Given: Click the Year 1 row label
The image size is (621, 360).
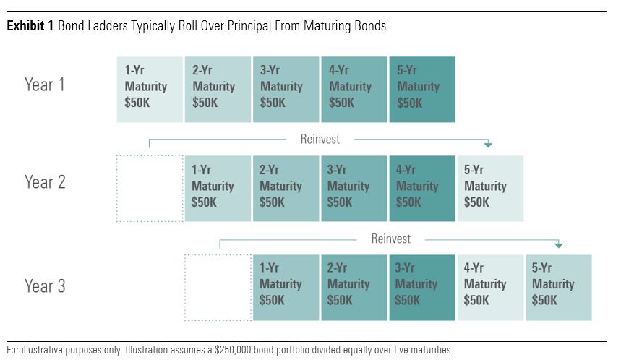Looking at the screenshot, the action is [44, 85].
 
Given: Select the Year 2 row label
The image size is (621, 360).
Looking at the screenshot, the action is [45, 182].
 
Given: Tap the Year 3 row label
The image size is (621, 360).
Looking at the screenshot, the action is [45, 286].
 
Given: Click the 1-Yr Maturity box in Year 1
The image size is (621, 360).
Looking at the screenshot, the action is [150, 90].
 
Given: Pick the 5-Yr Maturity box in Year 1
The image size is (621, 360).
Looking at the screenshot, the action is [422, 90].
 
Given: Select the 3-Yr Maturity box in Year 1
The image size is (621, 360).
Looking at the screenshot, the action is [286, 90].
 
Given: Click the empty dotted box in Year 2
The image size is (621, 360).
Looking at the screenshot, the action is [150, 189].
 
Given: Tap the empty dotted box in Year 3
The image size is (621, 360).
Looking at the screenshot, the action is [218, 288].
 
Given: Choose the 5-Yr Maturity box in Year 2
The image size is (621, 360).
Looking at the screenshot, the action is [490, 189].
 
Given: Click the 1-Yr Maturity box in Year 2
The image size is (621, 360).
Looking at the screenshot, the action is [218, 189].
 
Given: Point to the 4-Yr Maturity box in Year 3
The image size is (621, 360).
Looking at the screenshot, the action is [490, 288].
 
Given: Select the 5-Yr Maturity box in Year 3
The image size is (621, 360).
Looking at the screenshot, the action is [559, 288].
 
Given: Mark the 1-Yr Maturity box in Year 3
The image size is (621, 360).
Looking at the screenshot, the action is [286, 288].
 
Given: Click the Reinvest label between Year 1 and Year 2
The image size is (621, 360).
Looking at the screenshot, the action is [320, 139].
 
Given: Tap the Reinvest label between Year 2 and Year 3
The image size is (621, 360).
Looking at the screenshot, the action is [391, 239].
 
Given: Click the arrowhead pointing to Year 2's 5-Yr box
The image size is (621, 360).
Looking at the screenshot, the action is [488, 145].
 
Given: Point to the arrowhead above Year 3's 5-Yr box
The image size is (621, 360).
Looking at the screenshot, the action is [558, 246].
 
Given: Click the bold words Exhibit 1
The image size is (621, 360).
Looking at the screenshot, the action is [30, 26].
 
